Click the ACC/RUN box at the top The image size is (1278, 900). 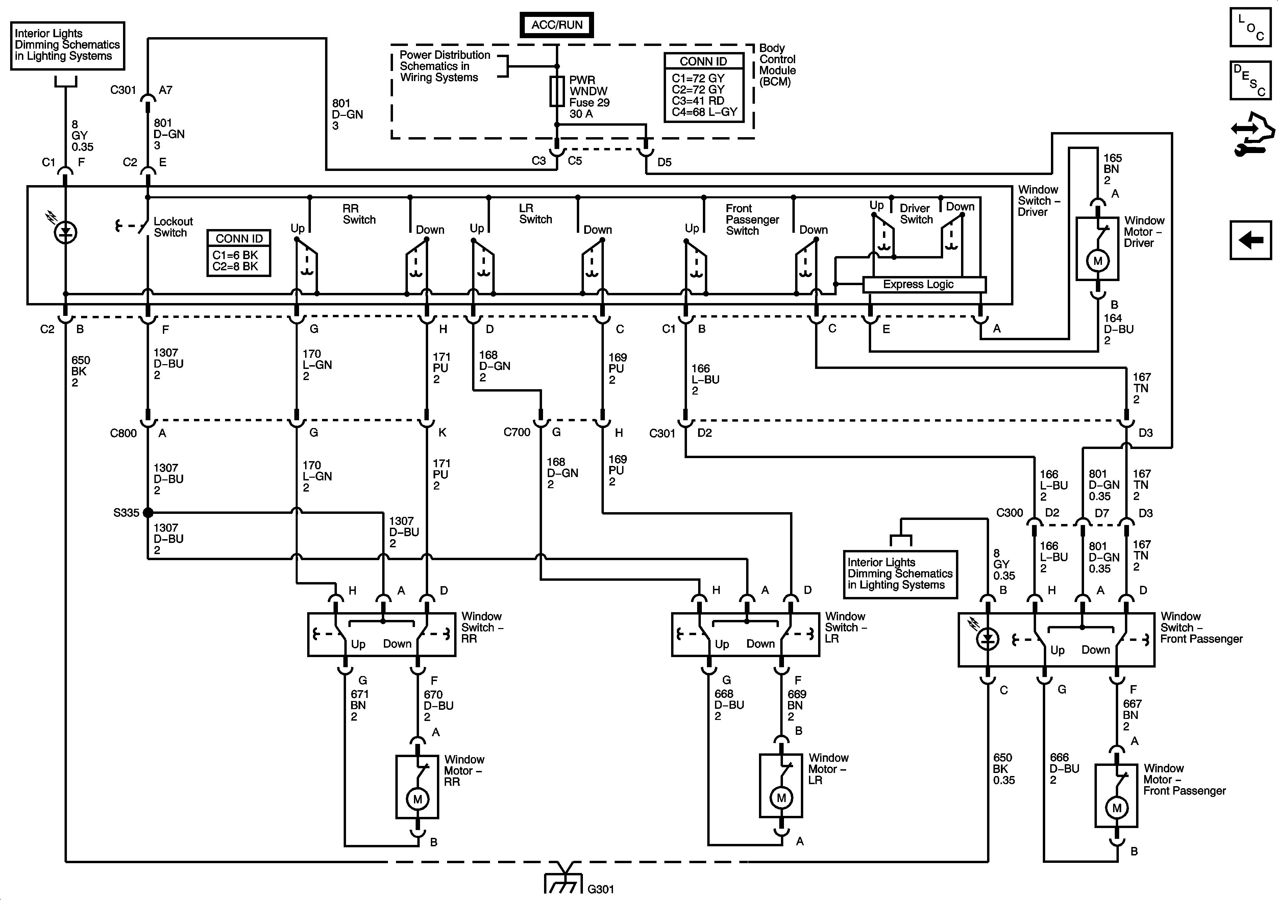click(x=557, y=25)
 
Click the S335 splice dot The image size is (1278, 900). click(x=148, y=512)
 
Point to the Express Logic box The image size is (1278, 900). click(x=924, y=284)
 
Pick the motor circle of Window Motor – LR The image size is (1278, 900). click(x=782, y=798)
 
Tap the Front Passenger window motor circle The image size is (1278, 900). click(x=1116, y=808)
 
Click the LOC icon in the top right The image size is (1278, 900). click(x=1250, y=27)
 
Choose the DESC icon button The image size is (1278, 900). click(x=1250, y=80)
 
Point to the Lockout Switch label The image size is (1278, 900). click(x=173, y=227)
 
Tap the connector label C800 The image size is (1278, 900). click(x=123, y=433)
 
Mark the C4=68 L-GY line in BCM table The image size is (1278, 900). click(x=704, y=112)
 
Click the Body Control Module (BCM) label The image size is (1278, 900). click(x=778, y=65)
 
